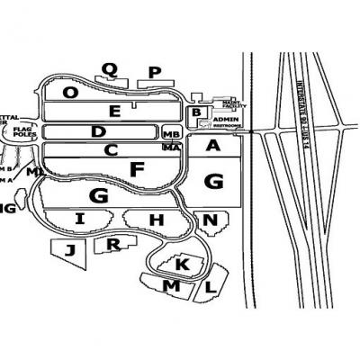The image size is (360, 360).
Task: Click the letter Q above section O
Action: pyautogui.click(x=110, y=68)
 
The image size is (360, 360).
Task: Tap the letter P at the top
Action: pyautogui.click(x=154, y=72)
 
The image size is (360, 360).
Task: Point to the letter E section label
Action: pyautogui.click(x=139, y=112)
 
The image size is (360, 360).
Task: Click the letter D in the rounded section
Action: pyautogui.click(x=98, y=132)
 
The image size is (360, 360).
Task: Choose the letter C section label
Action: pyautogui.click(x=111, y=150)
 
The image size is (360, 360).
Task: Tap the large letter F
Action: pyautogui.click(x=137, y=168)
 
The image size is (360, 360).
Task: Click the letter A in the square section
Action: pyautogui.click(x=213, y=146)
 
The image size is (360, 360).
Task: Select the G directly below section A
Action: pyautogui.click(x=213, y=180)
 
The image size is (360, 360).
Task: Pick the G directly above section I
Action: pyautogui.click(x=99, y=194)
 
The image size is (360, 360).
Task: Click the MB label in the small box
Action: pyautogui.click(x=172, y=134)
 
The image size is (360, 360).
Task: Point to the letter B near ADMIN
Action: pyautogui.click(x=196, y=112)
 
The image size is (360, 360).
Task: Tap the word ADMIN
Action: pyautogui.click(x=225, y=119)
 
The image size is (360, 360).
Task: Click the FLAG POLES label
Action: pyautogui.click(x=22, y=134)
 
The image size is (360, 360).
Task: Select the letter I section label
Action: pyautogui.click(x=80, y=219)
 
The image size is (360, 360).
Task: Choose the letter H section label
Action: pyautogui.click(x=157, y=219)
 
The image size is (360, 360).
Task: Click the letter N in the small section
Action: pyautogui.click(x=210, y=220)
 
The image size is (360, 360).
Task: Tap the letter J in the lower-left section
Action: pyautogui.click(x=69, y=251)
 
